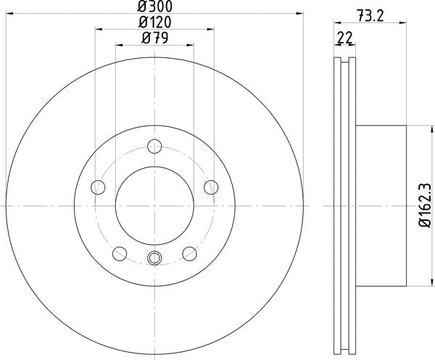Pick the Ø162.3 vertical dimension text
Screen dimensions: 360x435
[x=423, y=206]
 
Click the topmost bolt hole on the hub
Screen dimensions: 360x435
[x=154, y=148]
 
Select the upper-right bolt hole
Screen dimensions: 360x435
[x=211, y=188]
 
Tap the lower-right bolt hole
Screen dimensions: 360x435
[x=190, y=253]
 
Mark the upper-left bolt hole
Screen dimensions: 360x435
[x=98, y=188]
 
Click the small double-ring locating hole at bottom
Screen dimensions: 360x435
[x=154, y=258]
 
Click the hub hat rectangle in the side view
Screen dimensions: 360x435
[x=381, y=206]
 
